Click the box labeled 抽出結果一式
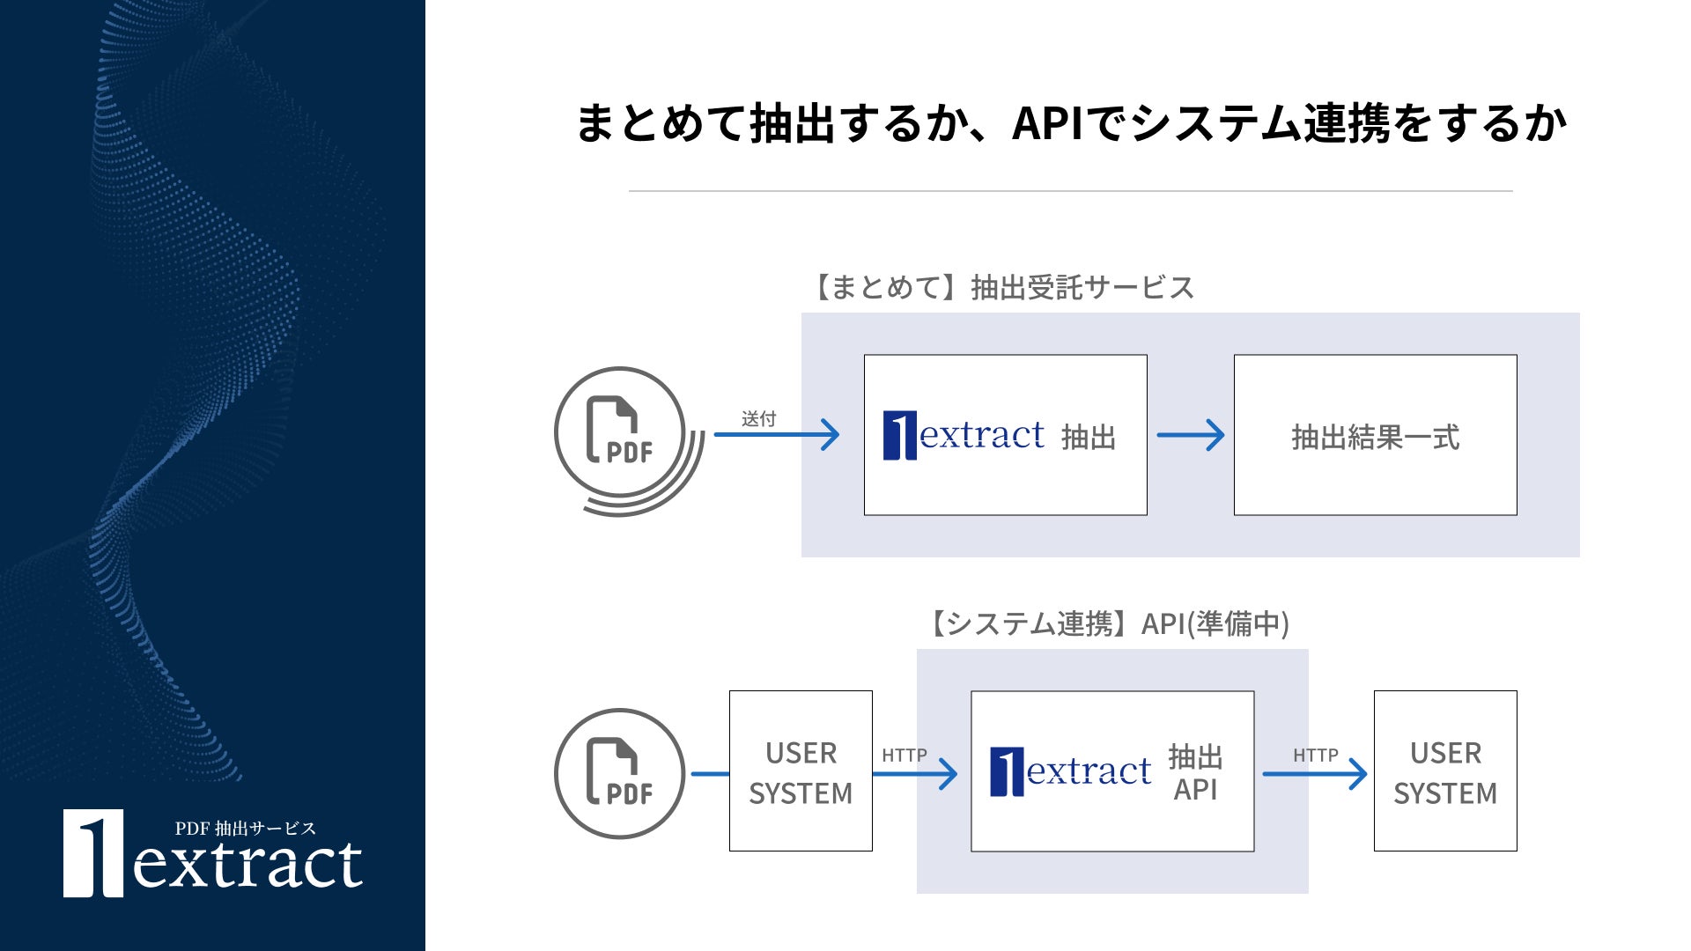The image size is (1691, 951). (1375, 435)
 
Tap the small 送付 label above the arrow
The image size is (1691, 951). (758, 419)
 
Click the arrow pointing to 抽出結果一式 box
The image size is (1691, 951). (1191, 435)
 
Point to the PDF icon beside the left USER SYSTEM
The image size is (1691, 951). (620, 773)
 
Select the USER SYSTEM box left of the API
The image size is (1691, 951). (801, 771)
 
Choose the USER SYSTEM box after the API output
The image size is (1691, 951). (1445, 771)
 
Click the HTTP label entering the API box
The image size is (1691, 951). (905, 755)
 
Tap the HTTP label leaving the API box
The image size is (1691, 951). (1316, 755)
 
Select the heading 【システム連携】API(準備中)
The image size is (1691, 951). (1105, 623)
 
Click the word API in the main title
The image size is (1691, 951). (1047, 123)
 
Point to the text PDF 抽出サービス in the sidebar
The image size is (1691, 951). (245, 828)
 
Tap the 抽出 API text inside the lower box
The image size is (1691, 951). (1195, 772)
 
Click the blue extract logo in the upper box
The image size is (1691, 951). (964, 435)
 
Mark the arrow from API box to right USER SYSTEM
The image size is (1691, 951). (1314, 774)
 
